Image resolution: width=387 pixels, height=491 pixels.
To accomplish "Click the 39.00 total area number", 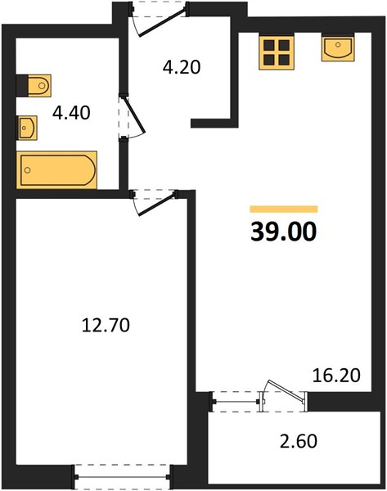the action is click(284, 232).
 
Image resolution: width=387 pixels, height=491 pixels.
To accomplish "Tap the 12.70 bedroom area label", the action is click(106, 325).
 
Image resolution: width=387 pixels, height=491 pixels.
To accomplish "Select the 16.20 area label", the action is click(336, 375).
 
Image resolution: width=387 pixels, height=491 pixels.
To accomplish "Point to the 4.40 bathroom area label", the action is click(71, 113).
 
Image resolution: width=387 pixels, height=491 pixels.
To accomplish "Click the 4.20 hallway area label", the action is click(182, 67).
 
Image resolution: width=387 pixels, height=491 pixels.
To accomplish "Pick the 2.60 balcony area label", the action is click(299, 441).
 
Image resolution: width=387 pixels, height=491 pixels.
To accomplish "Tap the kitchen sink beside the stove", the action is click(338, 47).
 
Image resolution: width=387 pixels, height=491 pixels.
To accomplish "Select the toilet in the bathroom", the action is click(34, 85).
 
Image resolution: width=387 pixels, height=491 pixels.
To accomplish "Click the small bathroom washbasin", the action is click(27, 128).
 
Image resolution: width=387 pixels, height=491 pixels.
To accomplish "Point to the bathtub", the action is click(56, 170).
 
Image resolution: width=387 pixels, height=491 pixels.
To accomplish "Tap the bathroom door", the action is click(132, 116).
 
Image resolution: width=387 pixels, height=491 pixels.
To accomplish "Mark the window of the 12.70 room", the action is click(122, 477).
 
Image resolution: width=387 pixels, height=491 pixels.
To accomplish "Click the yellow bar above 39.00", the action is click(284, 209).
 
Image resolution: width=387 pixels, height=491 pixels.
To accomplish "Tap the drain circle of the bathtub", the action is click(28, 170).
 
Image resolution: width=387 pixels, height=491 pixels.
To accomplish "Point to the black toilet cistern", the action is click(22, 85).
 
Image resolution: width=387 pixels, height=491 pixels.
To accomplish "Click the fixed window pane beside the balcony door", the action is click(236, 402).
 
